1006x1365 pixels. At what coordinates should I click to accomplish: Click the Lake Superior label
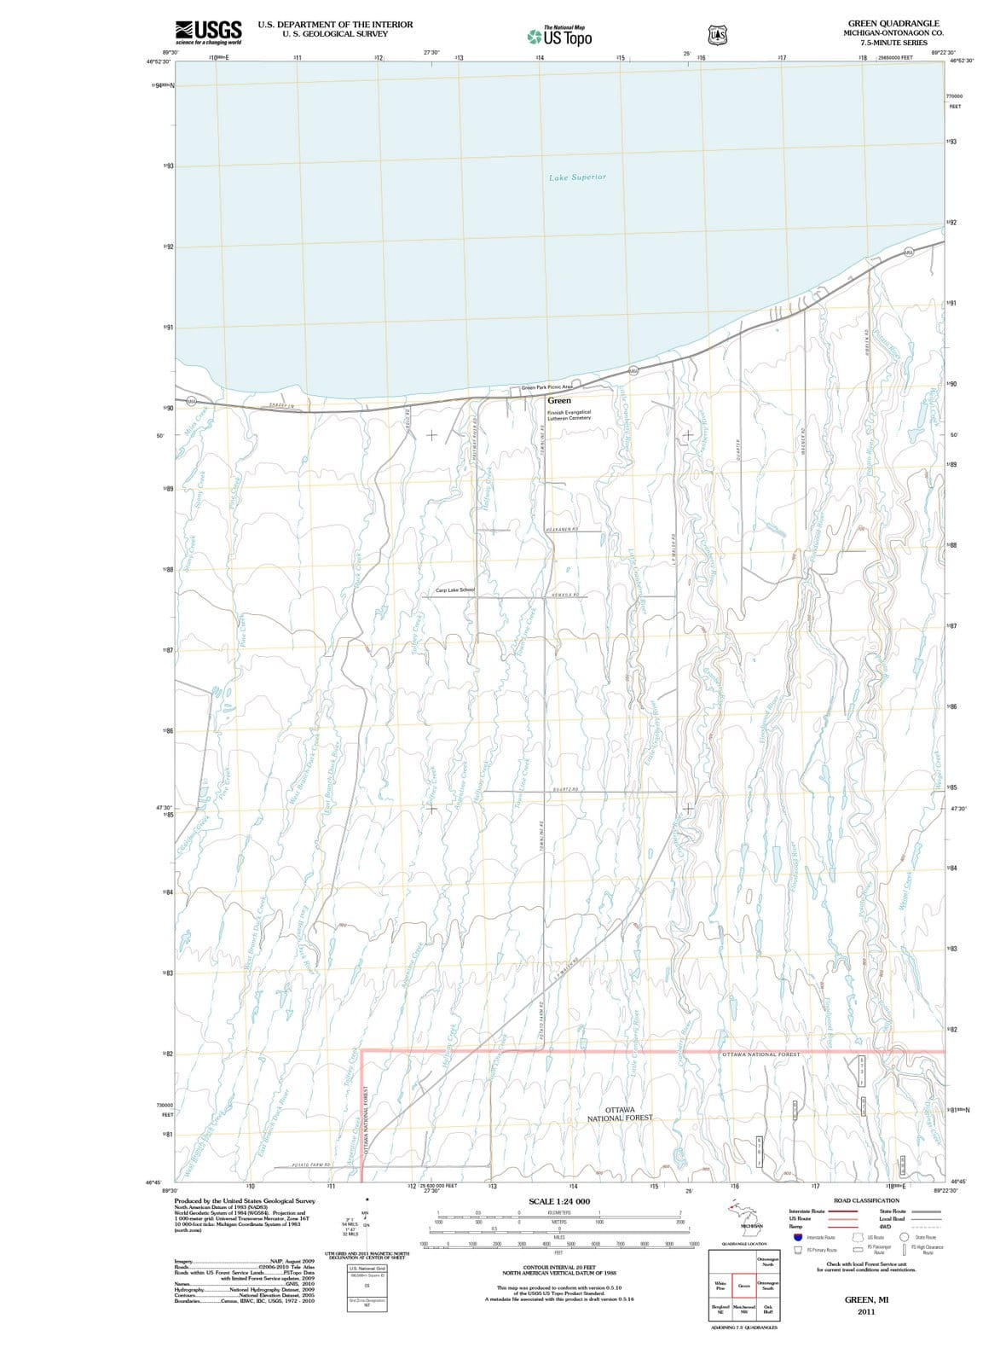click(x=577, y=177)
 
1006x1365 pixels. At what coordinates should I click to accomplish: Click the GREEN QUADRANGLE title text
click(x=893, y=24)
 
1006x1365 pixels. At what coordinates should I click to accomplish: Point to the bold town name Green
click(x=559, y=400)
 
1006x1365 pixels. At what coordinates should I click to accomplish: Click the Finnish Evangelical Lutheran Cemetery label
click(x=569, y=415)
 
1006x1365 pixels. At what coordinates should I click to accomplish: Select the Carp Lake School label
click(x=454, y=590)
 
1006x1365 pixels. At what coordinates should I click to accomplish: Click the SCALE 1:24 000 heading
click(x=559, y=1201)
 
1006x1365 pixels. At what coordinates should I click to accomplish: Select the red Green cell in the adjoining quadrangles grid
click(x=743, y=1285)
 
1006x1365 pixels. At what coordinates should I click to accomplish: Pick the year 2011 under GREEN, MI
click(x=865, y=1311)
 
